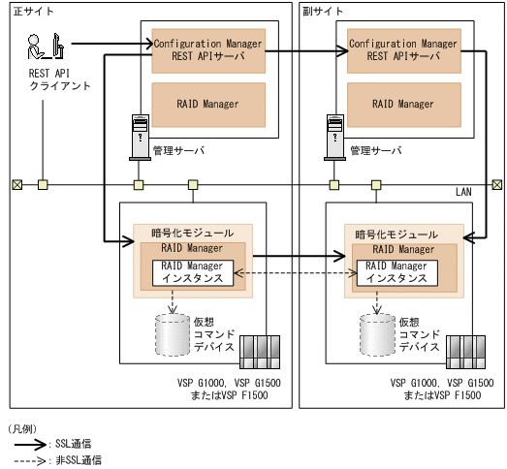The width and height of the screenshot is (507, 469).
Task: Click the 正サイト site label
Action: coord(32,11)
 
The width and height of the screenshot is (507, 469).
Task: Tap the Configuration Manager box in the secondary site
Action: coord(403,49)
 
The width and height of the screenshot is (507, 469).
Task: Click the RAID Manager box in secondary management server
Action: coord(403,104)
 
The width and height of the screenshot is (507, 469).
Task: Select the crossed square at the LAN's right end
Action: coord(497,184)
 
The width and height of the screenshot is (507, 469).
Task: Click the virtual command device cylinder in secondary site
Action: coord(377,333)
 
